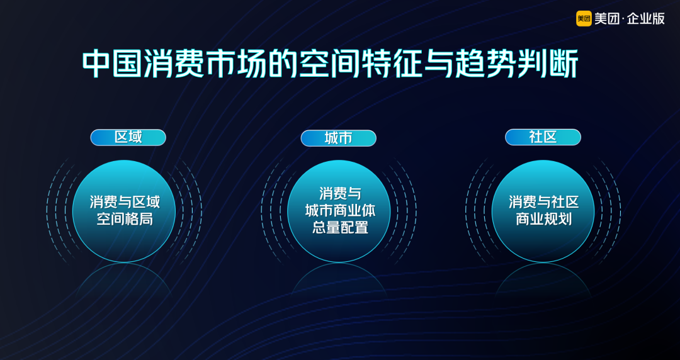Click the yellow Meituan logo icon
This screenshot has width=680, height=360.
point(584,19)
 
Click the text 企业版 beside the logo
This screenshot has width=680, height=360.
point(646,19)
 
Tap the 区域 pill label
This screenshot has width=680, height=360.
point(128,137)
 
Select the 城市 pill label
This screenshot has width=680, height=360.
point(338,138)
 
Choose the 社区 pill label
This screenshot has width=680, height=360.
point(543,137)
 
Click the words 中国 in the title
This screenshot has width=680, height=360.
point(113,64)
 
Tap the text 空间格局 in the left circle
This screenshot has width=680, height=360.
point(125,219)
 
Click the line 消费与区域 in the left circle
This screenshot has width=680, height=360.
point(125,202)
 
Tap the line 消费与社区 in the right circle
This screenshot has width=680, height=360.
point(543,202)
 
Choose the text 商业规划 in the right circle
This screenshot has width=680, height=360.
point(543,219)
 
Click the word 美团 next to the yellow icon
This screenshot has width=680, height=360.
point(607,19)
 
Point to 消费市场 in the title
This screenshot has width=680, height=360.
point(205,64)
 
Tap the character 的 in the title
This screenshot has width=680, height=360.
point(283,64)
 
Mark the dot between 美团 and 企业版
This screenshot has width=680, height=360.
point(623,19)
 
